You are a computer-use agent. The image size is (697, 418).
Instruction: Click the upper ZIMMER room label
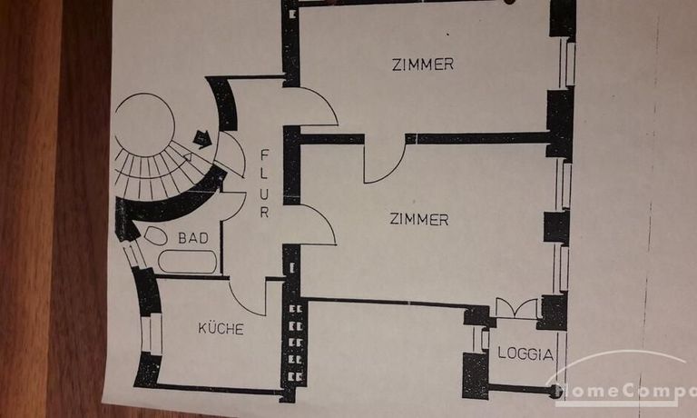point(422,65)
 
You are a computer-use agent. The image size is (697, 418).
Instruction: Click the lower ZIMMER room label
point(418,219)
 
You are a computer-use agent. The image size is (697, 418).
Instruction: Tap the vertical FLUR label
point(264,183)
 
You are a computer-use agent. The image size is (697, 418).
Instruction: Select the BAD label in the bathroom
point(192,238)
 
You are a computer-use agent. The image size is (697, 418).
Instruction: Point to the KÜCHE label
point(221,329)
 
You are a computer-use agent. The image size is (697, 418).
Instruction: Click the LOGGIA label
point(525,354)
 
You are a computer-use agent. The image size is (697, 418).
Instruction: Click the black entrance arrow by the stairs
point(202,139)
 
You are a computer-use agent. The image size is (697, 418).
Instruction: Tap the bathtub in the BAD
point(186,262)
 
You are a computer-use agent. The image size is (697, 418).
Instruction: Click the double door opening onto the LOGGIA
point(515,308)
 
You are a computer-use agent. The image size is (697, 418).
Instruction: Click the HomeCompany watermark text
point(626,391)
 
